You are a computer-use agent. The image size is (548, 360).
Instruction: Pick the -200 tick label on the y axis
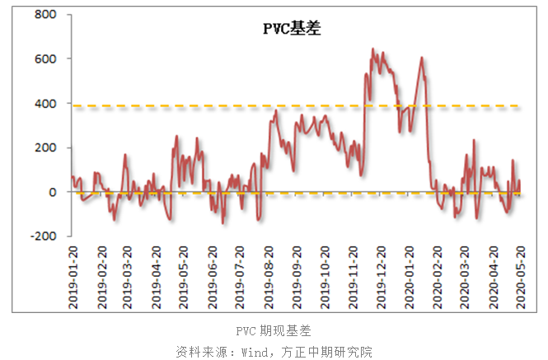pos(43,236)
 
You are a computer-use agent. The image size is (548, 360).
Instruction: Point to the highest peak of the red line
pos(372,49)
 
